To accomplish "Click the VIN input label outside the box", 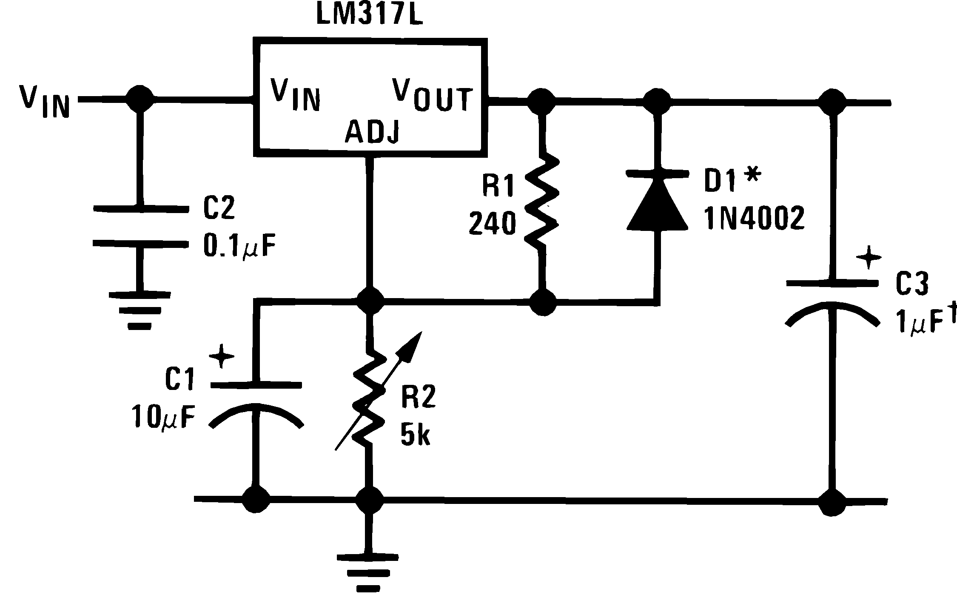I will pyautogui.click(x=44, y=101).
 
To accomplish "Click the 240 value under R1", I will pyautogui.click(x=492, y=224).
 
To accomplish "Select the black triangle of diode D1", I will pyautogui.click(x=658, y=204).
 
